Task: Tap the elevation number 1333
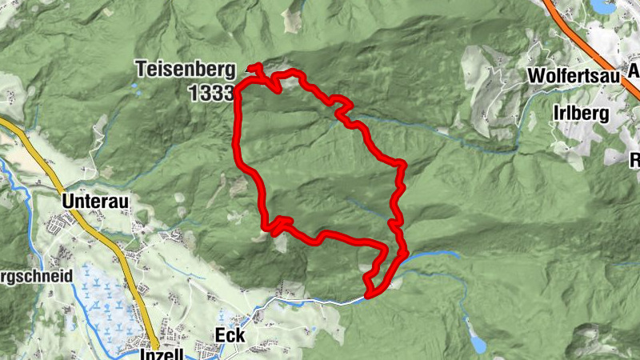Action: pyautogui.click(x=211, y=93)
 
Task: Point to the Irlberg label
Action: pyautogui.click(x=580, y=113)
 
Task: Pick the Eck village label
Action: pyautogui.click(x=230, y=335)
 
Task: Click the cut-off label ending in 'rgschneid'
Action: pyautogui.click(x=36, y=274)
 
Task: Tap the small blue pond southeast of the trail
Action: pyautogui.click(x=477, y=345)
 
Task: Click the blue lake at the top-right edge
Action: pyautogui.click(x=603, y=6)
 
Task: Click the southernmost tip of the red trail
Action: pyautogui.click(x=370, y=295)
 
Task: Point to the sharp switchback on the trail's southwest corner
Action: pyautogui.click(x=276, y=226)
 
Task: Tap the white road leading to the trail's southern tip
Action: pyautogui.click(x=320, y=300)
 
